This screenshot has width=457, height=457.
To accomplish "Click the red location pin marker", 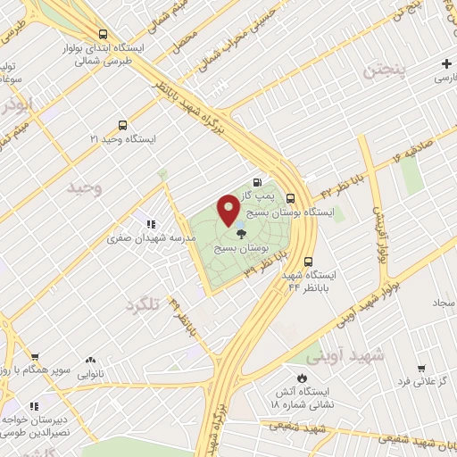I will (x=228, y=210).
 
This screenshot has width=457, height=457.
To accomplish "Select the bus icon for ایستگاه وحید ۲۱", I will (x=122, y=126).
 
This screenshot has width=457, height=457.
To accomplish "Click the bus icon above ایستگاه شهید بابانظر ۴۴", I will (x=309, y=262).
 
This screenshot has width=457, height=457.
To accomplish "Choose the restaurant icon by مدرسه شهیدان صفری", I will (x=151, y=224).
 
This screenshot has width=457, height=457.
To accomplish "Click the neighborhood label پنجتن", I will (x=383, y=70).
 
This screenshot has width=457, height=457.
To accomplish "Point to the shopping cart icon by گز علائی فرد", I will (x=420, y=368).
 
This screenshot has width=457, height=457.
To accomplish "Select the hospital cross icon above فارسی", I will (x=445, y=63).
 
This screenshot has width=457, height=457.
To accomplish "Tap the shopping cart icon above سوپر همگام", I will (x=34, y=355).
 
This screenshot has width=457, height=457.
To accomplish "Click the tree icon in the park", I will (x=242, y=232).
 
